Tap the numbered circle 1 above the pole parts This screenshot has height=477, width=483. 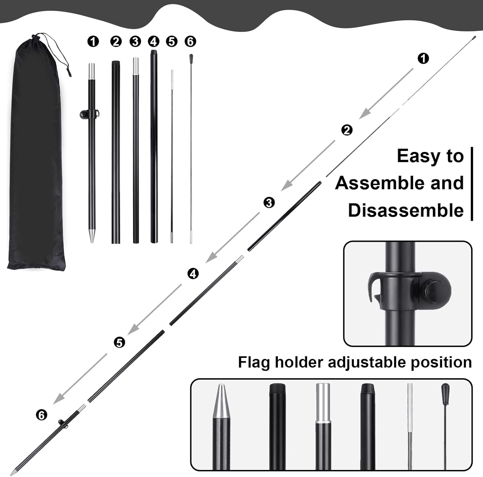[93, 42]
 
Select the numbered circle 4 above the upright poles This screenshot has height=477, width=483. [154, 42]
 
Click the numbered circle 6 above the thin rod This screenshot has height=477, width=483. [190, 42]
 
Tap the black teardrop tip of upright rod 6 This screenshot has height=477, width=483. [191, 58]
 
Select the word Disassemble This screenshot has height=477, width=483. [406, 210]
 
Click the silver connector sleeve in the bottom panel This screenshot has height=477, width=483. [323, 403]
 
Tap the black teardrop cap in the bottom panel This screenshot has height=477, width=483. [445, 391]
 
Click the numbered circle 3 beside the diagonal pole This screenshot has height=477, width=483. [269, 203]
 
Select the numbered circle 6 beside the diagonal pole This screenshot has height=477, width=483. [41, 415]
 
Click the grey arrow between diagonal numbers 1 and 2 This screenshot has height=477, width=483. [386, 94]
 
